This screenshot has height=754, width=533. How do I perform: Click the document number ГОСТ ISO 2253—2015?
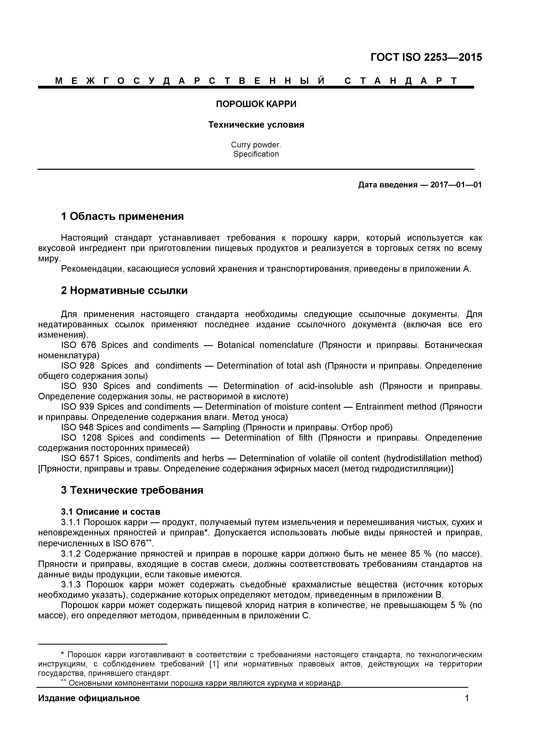426,57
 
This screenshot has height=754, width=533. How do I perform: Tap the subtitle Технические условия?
256,125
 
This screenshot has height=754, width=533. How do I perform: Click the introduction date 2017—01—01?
456,185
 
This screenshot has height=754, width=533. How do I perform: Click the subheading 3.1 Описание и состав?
111,512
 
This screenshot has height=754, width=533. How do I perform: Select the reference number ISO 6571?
80,458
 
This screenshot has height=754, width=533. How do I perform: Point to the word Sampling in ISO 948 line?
221,427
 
